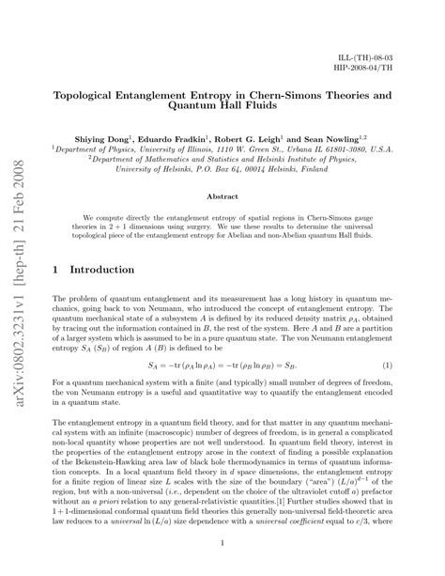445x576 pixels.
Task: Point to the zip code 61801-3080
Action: click(349, 148)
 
